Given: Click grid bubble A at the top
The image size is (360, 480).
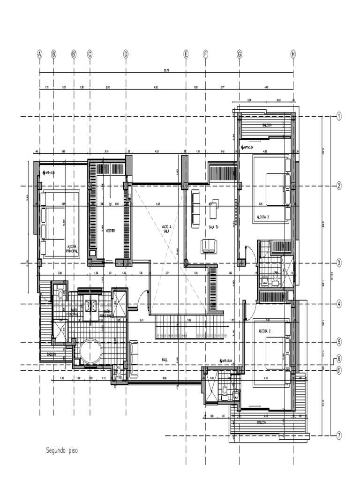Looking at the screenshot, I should [x=40, y=54].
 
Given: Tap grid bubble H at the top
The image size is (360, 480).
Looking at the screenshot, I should [x=293, y=54].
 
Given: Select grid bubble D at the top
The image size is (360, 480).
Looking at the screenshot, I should [x=126, y=54].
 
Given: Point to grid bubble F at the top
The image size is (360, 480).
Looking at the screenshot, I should [x=205, y=54].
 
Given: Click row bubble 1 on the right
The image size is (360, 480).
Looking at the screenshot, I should [x=339, y=116].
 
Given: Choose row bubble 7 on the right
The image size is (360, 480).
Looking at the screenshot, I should [x=339, y=435].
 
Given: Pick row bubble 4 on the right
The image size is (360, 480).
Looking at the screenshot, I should [x=339, y=304].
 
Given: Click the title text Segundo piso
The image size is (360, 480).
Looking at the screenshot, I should [x=61, y=451].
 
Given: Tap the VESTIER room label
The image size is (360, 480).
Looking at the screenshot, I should [x=110, y=231].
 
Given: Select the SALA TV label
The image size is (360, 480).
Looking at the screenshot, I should [x=214, y=227].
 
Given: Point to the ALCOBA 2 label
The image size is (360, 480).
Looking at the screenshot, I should [x=265, y=331].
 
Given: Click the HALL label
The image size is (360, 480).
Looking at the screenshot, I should [x=165, y=359].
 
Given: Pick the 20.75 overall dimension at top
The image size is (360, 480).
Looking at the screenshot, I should [x=166, y=71].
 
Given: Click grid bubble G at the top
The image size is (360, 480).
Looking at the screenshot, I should [x=239, y=54].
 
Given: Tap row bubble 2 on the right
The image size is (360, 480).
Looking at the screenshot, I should [x=339, y=186].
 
